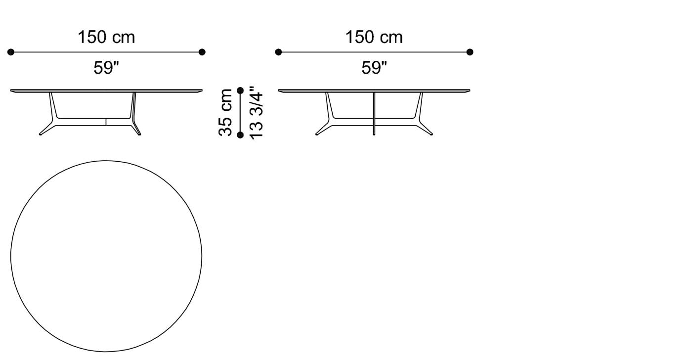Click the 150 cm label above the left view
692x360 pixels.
pyautogui.click(x=106, y=37)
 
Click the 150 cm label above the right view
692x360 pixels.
pyautogui.click(x=374, y=37)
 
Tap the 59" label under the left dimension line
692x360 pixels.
pyautogui.click(x=106, y=68)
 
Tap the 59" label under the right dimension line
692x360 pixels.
pyautogui.click(x=374, y=68)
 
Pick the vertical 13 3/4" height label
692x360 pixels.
pyautogui.click(x=256, y=113)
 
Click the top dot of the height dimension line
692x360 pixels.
pyautogui.click(x=241, y=90)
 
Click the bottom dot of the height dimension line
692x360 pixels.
pyautogui.click(x=241, y=135)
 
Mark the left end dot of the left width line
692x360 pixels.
pyautogui.click(x=11, y=52)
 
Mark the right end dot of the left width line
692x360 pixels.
pyautogui.click(x=202, y=52)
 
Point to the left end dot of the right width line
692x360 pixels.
pyautogui.click(x=278, y=52)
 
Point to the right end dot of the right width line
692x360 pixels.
pyautogui.click(x=470, y=52)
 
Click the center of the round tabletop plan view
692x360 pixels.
pyautogui.click(x=106, y=256)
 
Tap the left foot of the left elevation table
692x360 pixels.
pyautogui.click(x=42, y=133)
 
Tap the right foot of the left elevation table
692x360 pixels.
pyautogui.click(x=138, y=133)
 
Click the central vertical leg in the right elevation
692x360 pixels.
pyautogui.click(x=374, y=114)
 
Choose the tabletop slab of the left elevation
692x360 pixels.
pyautogui.click(x=106, y=91)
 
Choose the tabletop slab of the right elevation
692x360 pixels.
pyautogui.click(x=374, y=91)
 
